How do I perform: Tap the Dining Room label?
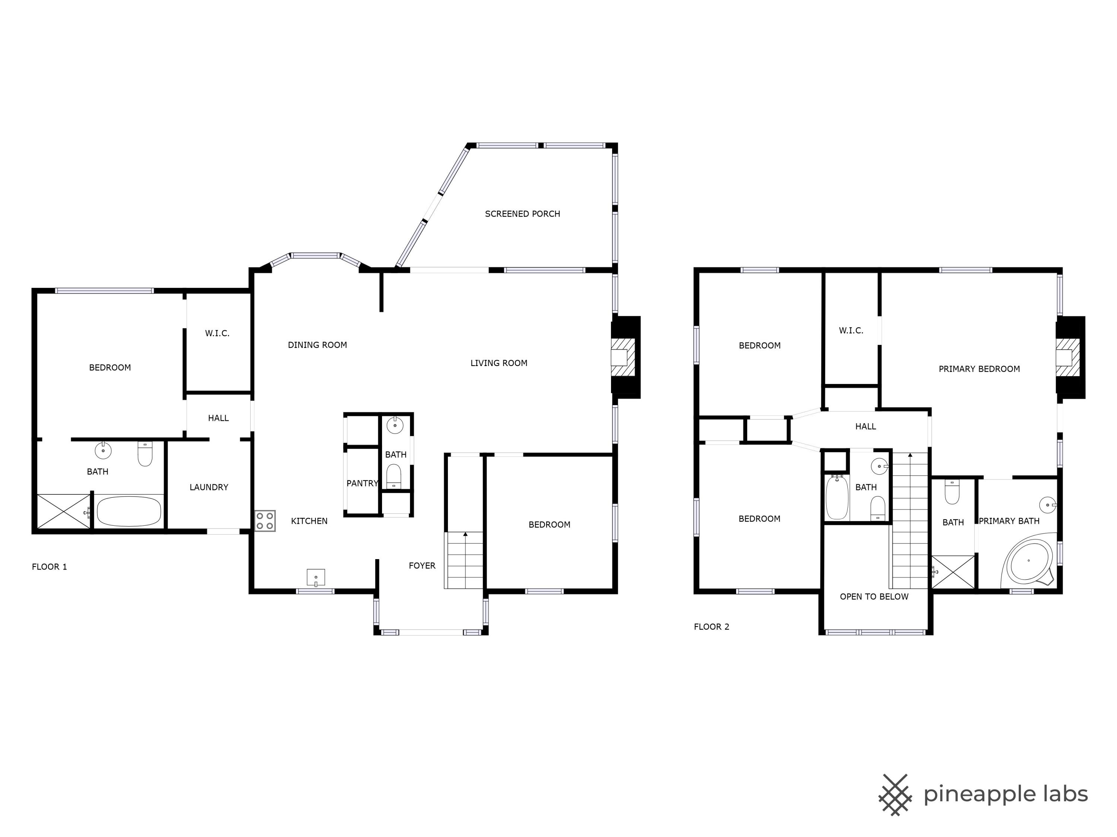pyautogui.click(x=317, y=345)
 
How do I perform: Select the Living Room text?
pyautogui.click(x=499, y=363)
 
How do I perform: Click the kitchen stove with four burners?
pyautogui.click(x=265, y=521)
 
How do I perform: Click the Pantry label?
pyautogui.click(x=362, y=483)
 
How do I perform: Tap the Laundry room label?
pyautogui.click(x=209, y=487)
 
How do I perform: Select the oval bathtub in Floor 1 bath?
pyautogui.click(x=129, y=511)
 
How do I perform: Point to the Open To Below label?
pyautogui.click(x=874, y=597)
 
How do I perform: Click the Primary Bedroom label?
pyautogui.click(x=979, y=369)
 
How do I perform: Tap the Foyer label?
pyautogui.click(x=422, y=566)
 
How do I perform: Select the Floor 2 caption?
pyautogui.click(x=712, y=627)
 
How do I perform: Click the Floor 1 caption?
pyautogui.click(x=50, y=567)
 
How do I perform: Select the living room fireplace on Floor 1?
pyautogui.click(x=626, y=357)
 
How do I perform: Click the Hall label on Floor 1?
pyautogui.click(x=218, y=418)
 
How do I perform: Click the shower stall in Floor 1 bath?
pyautogui.click(x=64, y=511)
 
